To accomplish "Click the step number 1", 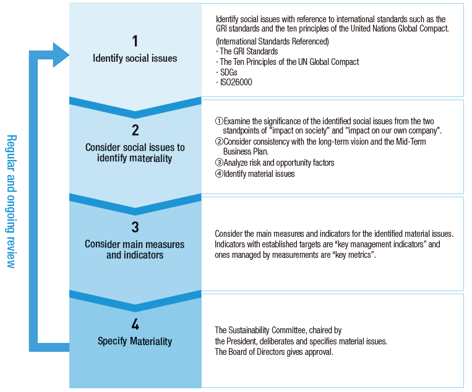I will (135, 41).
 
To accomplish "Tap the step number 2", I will (135, 130).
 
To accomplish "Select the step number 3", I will (135, 227).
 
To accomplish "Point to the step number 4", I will (135, 325).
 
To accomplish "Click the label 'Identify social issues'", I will (135, 59).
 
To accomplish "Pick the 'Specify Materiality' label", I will (135, 341).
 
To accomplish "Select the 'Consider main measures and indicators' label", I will (135, 249).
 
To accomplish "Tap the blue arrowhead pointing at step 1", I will (60, 55).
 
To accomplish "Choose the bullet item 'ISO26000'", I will (236, 82).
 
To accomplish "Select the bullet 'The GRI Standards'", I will (247, 51).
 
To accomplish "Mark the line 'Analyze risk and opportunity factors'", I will (275, 163).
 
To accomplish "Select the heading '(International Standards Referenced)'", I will (272, 41).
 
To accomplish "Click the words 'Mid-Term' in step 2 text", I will (411, 142).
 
